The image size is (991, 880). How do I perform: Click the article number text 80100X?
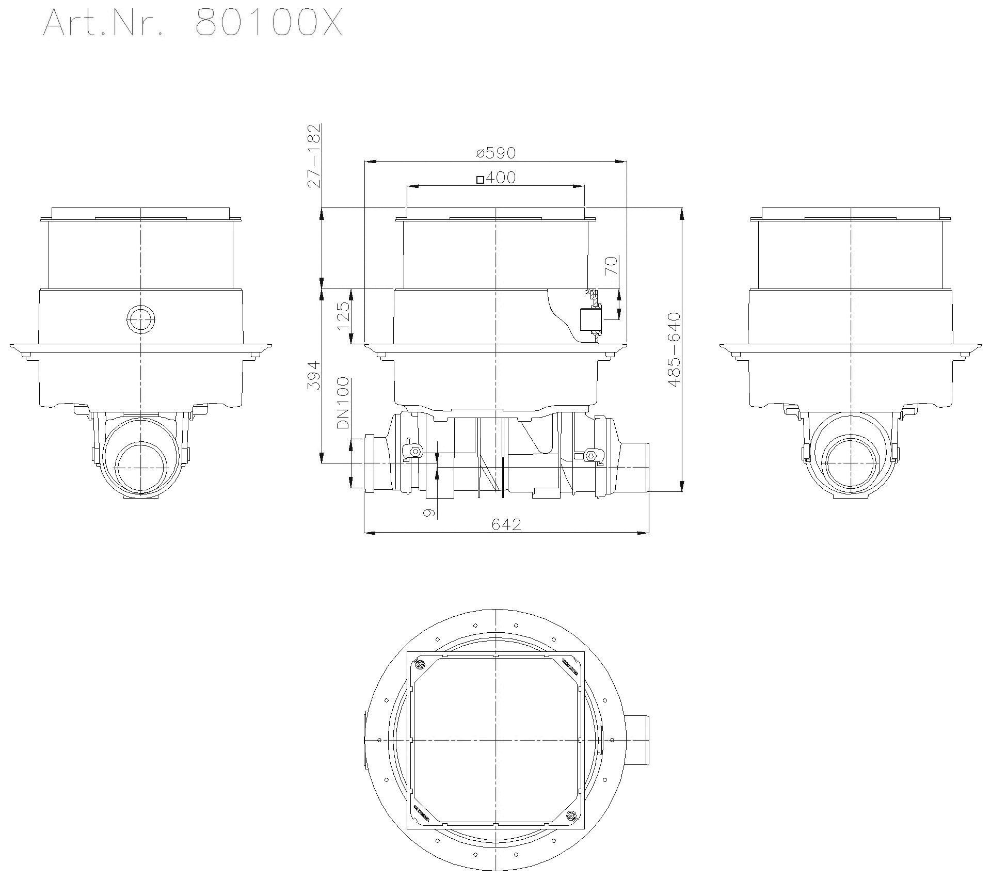click(268, 23)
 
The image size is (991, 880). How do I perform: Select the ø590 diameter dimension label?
click(495, 153)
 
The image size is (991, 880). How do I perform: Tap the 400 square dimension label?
click(500, 178)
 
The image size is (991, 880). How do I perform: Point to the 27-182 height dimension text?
click(314, 155)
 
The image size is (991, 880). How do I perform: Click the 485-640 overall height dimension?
click(674, 349)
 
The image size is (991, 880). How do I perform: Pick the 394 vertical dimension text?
click(314, 376)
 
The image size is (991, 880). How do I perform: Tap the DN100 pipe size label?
click(343, 404)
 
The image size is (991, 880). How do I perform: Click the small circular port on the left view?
click(140, 319)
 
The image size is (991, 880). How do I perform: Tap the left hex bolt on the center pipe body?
click(414, 453)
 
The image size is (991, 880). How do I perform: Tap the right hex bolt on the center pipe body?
click(590, 455)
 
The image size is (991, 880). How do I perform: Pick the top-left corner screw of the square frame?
click(420, 664)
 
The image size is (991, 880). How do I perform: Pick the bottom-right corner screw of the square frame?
click(570, 815)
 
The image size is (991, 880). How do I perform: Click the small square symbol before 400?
click(480, 180)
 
